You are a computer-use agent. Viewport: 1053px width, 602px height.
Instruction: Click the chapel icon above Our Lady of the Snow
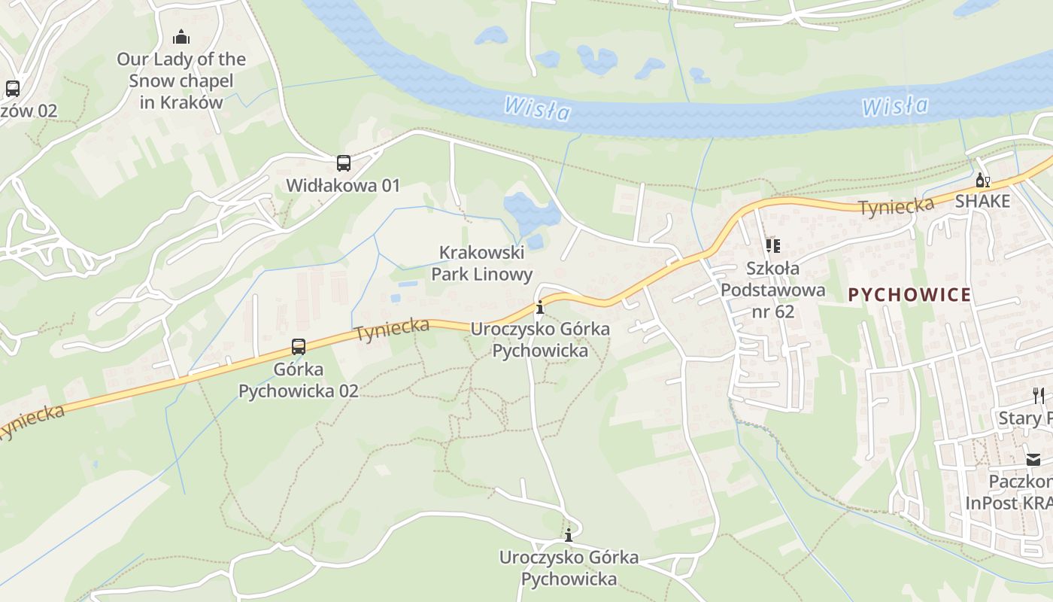(181, 36)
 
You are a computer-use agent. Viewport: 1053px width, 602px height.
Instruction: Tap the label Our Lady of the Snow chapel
(181, 81)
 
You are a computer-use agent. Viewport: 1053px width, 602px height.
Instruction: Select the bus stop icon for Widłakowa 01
(343, 163)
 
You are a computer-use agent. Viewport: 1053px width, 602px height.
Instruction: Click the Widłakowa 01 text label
(343, 185)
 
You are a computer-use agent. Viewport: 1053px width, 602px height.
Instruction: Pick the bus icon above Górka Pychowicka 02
(299, 347)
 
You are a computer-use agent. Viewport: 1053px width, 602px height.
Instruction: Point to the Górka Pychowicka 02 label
(299, 380)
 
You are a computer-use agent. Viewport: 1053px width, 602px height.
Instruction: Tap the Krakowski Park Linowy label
(481, 263)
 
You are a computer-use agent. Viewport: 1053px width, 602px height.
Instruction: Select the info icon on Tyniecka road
(539, 307)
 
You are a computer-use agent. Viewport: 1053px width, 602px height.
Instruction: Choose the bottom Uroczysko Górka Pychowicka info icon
(569, 535)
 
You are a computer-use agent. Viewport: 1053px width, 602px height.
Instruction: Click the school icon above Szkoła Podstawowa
(772, 246)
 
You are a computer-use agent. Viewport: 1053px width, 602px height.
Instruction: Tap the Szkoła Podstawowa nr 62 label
(772, 289)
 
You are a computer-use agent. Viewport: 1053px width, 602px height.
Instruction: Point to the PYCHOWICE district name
(909, 294)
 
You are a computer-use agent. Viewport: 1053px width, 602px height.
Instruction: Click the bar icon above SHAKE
(982, 181)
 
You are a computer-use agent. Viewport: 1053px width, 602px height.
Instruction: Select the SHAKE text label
(982, 202)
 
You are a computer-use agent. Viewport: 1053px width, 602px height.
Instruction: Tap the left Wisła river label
(537, 109)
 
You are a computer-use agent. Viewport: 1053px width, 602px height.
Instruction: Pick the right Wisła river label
(895, 106)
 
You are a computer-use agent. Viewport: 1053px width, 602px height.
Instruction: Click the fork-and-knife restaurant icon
(1038, 394)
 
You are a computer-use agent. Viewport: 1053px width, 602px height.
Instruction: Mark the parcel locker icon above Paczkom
(1033, 459)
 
